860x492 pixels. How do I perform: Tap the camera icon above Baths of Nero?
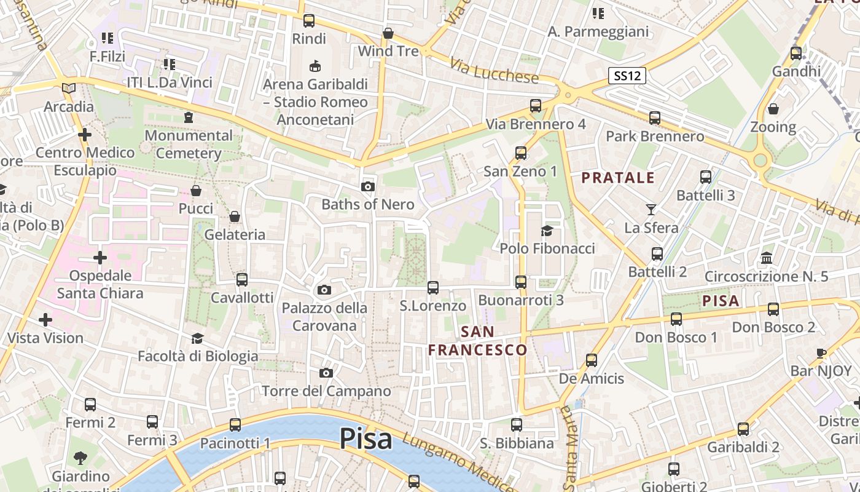pos(368,186)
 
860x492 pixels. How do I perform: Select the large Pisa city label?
pos(365,439)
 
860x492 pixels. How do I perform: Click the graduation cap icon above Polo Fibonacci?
pos(547,231)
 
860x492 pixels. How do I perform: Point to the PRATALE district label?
pos(618,178)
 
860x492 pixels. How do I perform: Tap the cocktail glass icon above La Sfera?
pos(651,210)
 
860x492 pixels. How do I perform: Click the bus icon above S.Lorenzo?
pos(433,287)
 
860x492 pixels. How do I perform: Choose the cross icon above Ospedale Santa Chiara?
pos(100,257)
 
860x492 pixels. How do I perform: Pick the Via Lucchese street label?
pos(494,71)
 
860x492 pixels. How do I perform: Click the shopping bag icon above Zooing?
pos(773,109)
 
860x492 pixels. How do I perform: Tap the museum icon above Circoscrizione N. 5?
pos(767,258)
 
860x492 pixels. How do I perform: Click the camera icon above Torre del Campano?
pos(326,373)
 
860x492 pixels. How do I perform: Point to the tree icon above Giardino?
pos(80,458)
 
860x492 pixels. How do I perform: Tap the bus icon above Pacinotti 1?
pos(235,424)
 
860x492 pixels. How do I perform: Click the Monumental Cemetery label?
pos(189,144)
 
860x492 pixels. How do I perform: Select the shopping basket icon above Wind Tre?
pos(388,33)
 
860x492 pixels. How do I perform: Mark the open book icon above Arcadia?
pos(69,89)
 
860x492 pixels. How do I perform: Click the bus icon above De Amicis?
pos(591,360)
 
